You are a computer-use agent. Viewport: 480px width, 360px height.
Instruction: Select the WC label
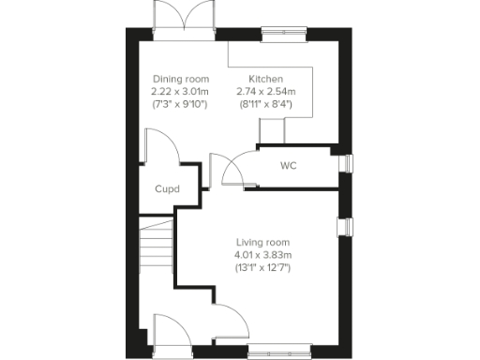click(289, 166)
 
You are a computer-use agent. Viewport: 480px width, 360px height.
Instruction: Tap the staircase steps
click(156, 247)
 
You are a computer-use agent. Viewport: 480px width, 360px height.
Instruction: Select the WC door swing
click(235, 169)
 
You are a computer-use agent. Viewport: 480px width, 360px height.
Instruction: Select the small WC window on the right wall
click(347, 164)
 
